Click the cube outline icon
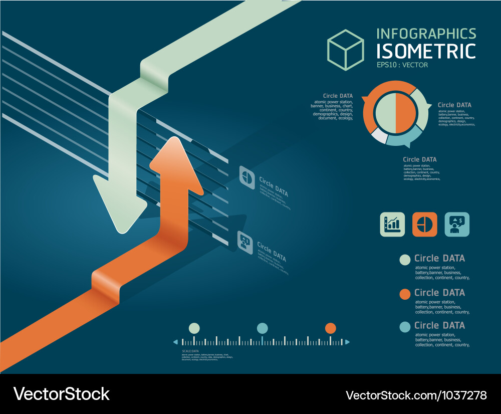coord(345,50)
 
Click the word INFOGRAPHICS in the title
coord(426,34)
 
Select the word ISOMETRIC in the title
coord(426,51)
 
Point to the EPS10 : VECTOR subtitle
coord(402,65)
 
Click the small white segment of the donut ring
coord(379,136)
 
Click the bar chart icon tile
coord(392,224)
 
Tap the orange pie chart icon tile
coord(425,224)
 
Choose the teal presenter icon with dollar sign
coord(457,224)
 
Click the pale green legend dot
coord(405,260)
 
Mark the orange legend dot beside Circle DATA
coord(405,294)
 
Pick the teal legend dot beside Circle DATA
coord(405,327)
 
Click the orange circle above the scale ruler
coord(330,328)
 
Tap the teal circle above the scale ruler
coord(262,328)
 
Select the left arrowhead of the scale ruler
coord(175,342)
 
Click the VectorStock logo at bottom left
coord(61,394)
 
